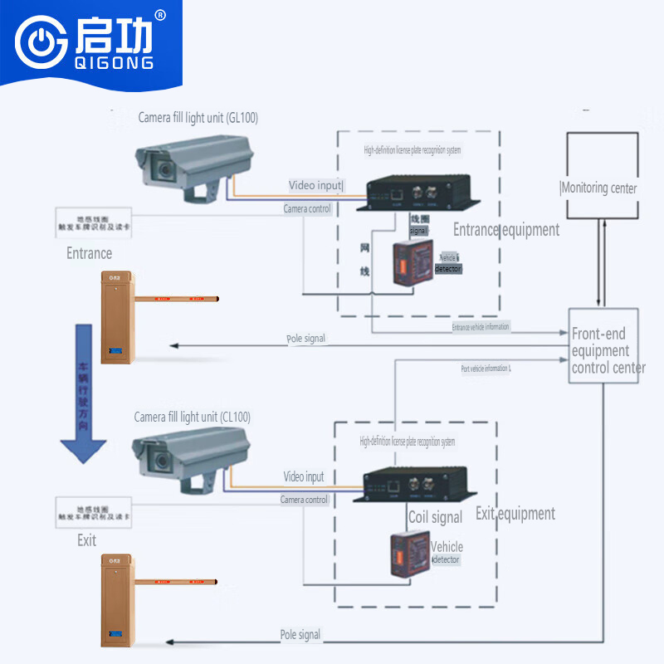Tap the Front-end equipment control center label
[x=607, y=350]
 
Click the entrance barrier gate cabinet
[x=116, y=317]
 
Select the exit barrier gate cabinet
[x=115, y=602]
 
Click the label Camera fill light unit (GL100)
[x=198, y=118]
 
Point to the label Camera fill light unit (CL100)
[x=192, y=417]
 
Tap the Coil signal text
[x=435, y=518]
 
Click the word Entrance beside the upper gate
[x=89, y=253]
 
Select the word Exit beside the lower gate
[x=86, y=540]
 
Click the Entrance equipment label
[x=506, y=229]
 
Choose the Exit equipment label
[x=515, y=514]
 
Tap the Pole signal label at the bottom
[x=300, y=635]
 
